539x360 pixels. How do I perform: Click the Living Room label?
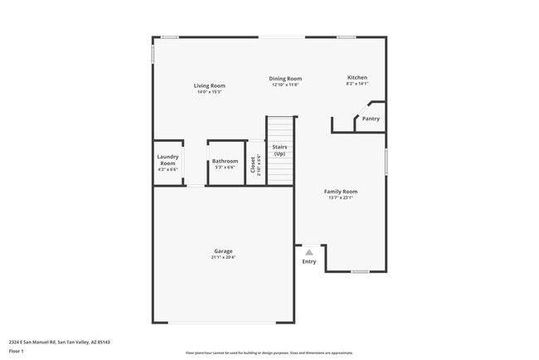[210, 85]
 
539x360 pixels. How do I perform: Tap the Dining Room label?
[284, 79]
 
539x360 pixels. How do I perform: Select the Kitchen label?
[357, 78]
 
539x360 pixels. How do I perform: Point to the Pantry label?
[371, 119]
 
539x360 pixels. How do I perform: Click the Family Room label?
[340, 192]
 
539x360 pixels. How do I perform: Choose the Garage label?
[223, 251]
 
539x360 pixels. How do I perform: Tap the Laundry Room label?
[168, 160]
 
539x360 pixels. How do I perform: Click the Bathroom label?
[225, 161]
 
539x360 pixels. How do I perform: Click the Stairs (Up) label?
[280, 150]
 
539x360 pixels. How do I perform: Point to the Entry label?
[309, 262]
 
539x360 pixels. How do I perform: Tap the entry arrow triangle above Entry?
[309, 251]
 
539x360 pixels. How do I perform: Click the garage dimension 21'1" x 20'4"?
[223, 257]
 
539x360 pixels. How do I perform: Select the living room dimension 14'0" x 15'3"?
[210, 91]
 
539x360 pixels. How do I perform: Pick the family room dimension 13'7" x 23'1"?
[340, 197]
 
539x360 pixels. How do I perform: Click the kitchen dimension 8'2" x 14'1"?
[357, 84]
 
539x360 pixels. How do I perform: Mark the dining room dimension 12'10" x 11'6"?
[284, 85]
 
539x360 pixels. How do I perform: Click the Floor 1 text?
[17, 351]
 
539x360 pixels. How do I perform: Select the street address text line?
[60, 342]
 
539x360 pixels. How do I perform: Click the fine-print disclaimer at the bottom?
[269, 352]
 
